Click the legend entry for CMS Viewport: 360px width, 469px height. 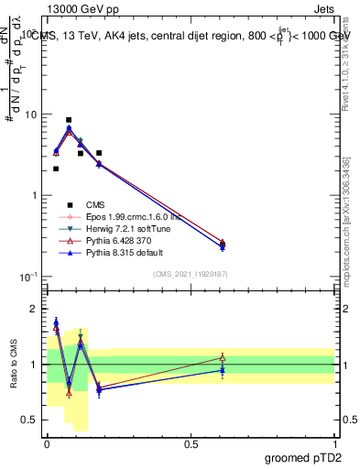coord(96,204)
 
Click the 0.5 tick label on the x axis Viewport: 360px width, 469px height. coord(191,443)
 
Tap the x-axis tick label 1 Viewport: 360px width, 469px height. coord(335,443)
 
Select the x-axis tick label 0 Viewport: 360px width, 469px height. coord(47,443)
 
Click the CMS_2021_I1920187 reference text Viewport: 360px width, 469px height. coord(191,273)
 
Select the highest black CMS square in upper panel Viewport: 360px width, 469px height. coord(69,120)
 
